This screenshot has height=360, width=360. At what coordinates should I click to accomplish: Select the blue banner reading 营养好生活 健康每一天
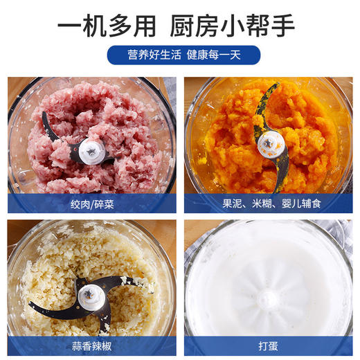183,55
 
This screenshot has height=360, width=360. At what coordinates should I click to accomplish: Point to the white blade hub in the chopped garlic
90,296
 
